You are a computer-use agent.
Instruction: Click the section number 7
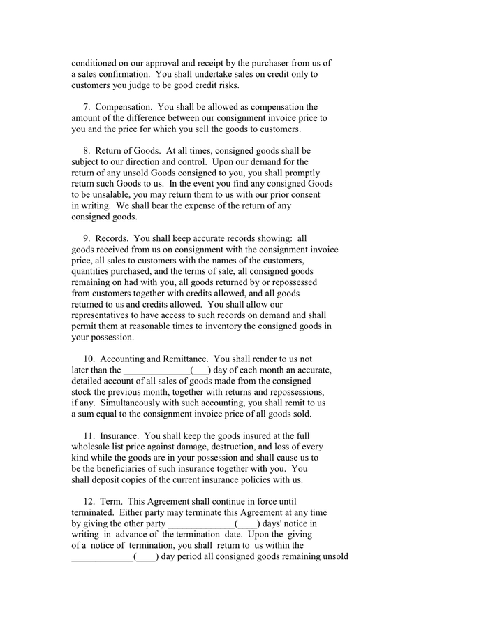[x=87, y=107]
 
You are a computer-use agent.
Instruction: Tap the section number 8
[x=87, y=150]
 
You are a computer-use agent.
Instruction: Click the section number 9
[x=87, y=238]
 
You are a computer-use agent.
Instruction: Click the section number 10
[x=89, y=359]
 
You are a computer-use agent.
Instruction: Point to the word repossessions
[x=295, y=391]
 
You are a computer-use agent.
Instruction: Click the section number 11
[x=89, y=435]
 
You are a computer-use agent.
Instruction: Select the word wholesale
[x=93, y=446]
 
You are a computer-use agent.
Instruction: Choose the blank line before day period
[x=101, y=556]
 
